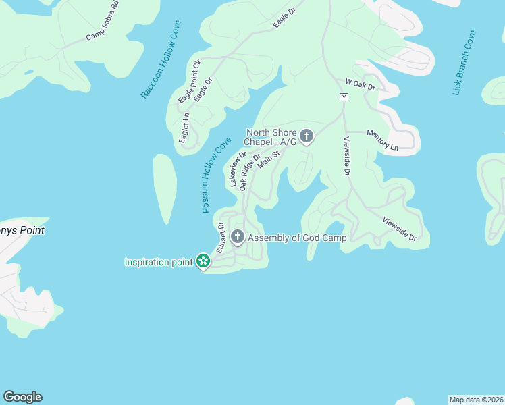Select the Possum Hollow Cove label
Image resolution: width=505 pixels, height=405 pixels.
coord(216,175)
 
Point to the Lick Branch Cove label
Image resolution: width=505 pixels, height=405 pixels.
coord(464,63)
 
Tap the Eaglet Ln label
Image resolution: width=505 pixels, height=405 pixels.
coord(184,127)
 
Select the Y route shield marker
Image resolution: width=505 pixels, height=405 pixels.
coord(344,97)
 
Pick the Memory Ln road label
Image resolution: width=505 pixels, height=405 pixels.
coord(382,140)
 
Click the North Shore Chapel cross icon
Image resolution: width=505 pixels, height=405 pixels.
coord(307,137)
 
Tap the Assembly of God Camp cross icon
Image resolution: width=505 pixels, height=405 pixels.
coord(237,237)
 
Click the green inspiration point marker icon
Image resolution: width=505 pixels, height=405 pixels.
coord(203,261)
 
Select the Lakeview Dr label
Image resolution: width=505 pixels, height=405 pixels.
coord(238,169)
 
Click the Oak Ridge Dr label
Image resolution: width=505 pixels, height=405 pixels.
coord(250,172)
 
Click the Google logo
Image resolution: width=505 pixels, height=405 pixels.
coord(22,397)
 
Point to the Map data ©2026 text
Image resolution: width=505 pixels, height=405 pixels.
coord(476,399)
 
